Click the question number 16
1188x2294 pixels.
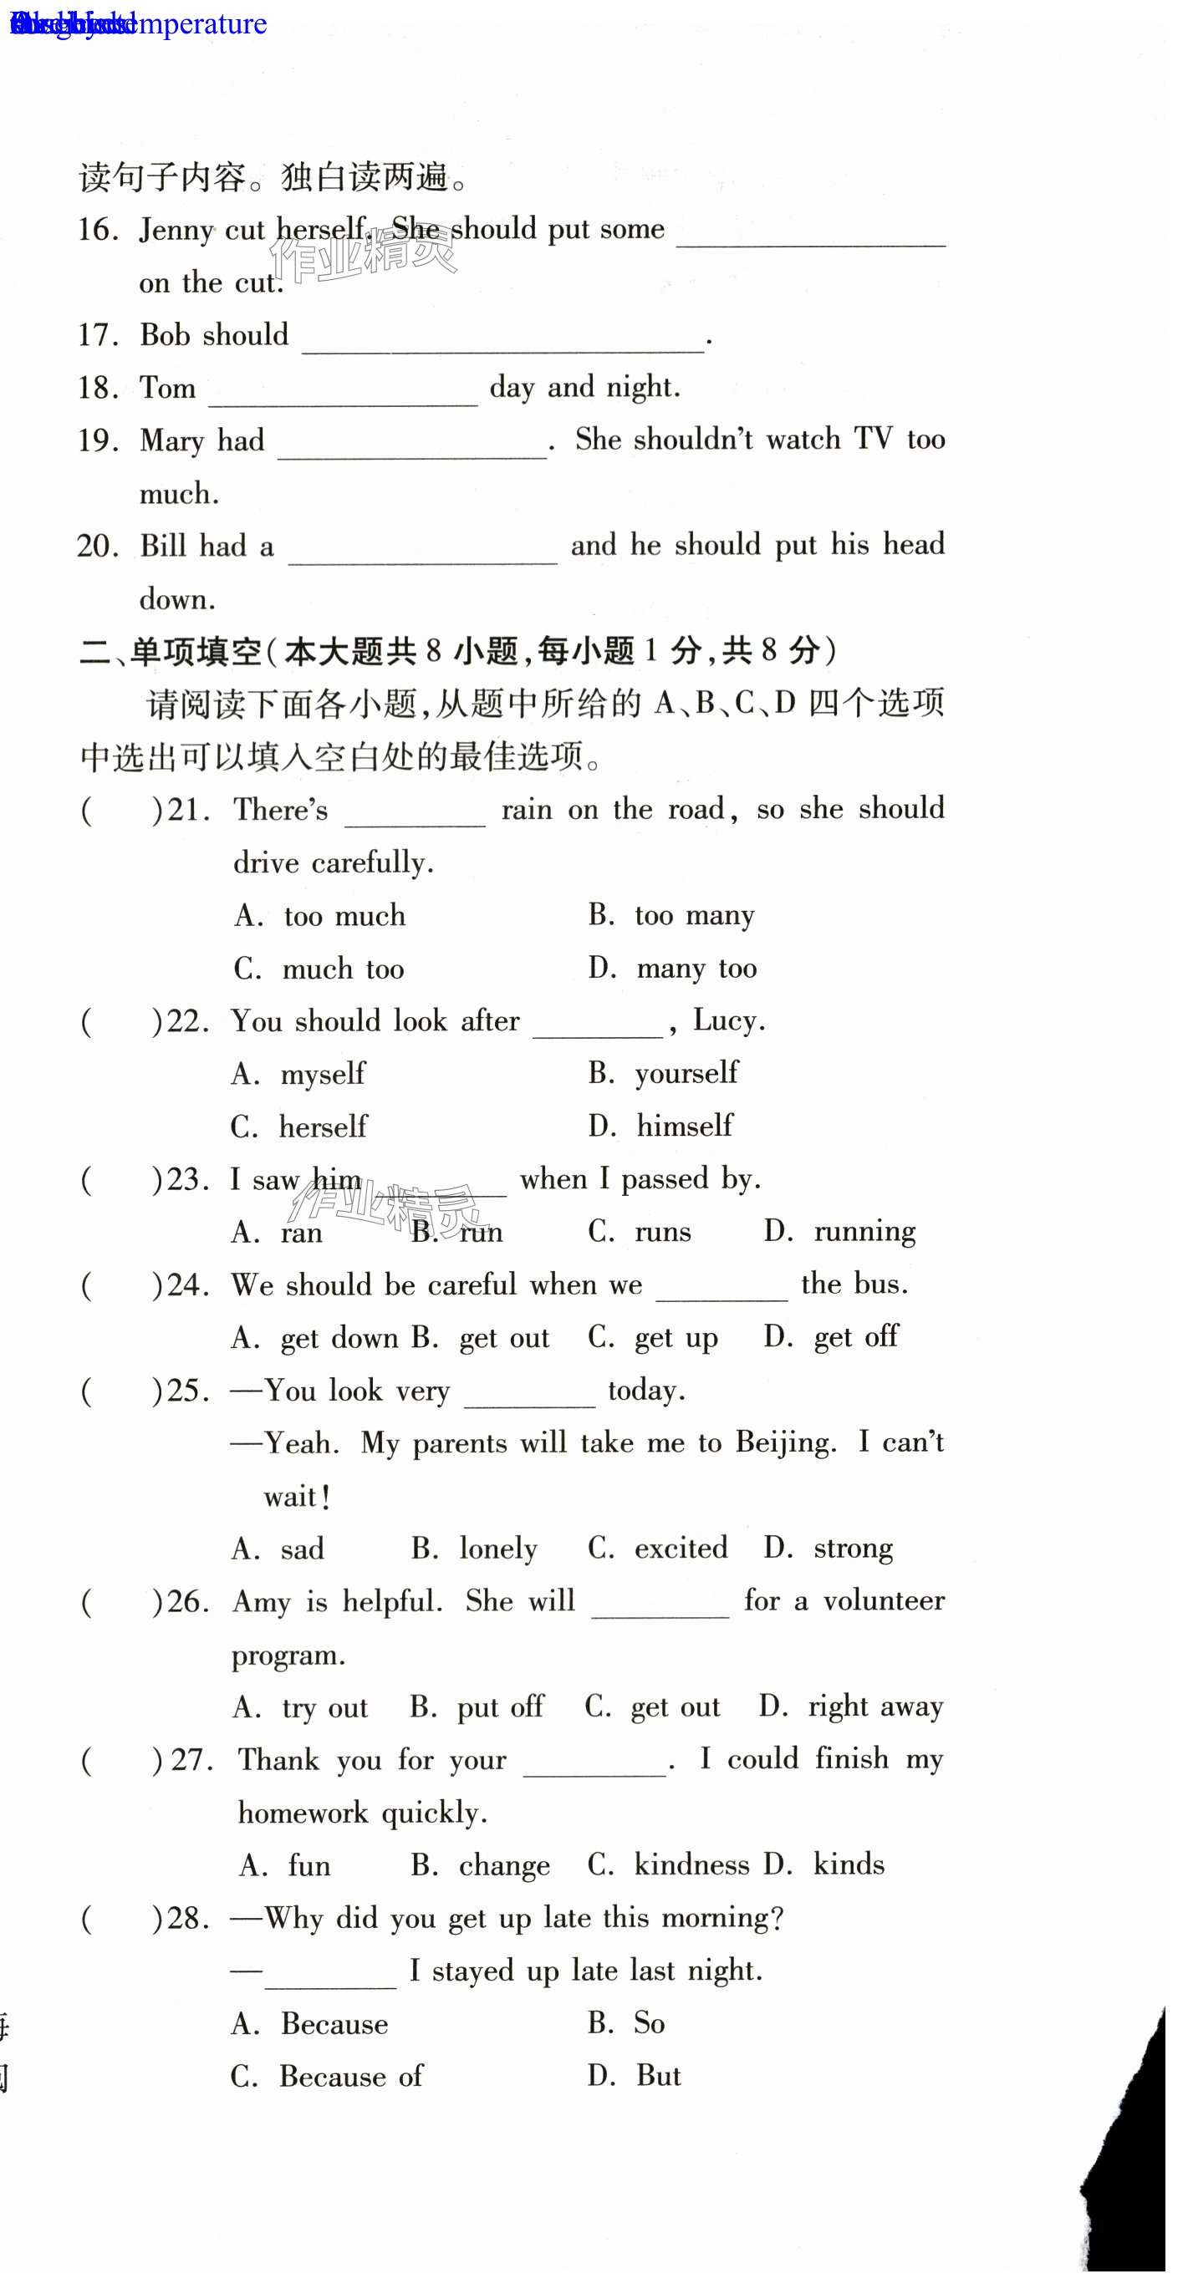(x=97, y=230)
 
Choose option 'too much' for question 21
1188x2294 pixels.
(x=344, y=915)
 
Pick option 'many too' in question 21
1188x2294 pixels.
(x=696, y=968)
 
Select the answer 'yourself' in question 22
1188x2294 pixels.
(x=686, y=1073)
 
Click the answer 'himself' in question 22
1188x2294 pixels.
(x=684, y=1126)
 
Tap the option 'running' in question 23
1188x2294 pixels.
(x=864, y=1231)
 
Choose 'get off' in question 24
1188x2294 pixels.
(x=856, y=1336)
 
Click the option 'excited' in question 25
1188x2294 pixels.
(x=681, y=1548)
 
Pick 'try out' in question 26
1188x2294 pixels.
(x=324, y=1707)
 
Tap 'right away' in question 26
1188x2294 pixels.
(x=874, y=1707)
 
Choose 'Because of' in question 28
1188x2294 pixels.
(x=351, y=2077)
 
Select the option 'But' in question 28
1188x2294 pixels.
(x=658, y=2076)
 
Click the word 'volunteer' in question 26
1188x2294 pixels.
(x=883, y=1600)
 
